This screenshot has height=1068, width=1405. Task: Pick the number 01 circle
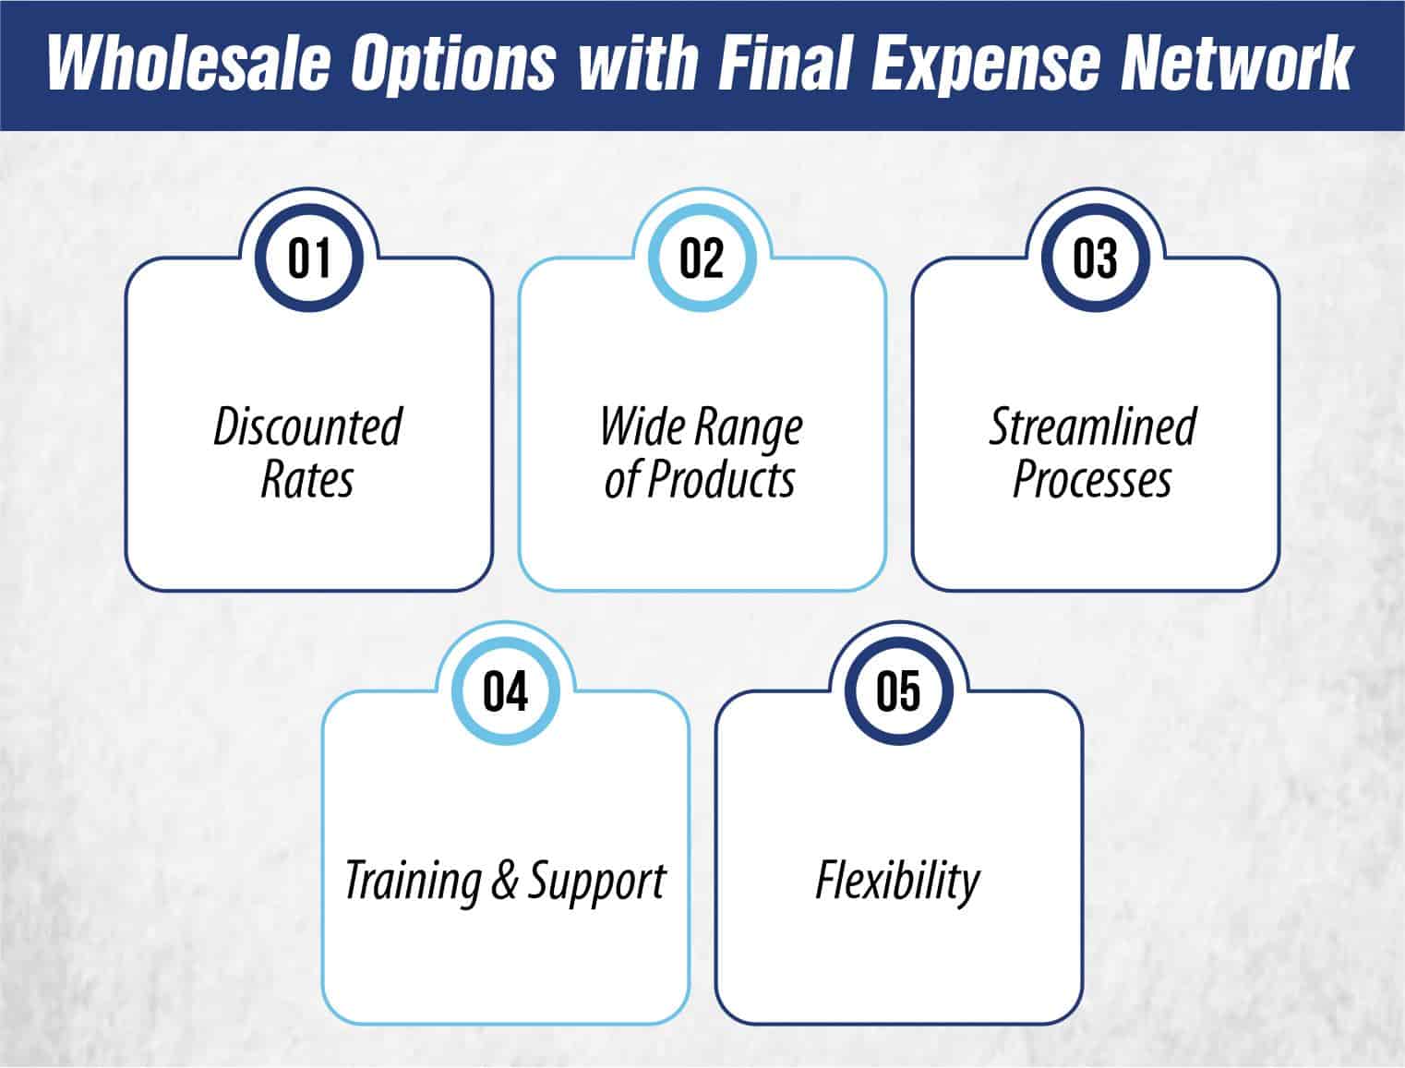point(309,258)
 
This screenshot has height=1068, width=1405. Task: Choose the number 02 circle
point(702,258)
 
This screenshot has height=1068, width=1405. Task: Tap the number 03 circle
point(1095,258)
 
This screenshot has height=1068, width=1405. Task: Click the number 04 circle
point(506,690)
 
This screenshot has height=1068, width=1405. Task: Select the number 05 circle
point(898,690)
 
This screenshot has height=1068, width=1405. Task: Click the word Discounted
point(308,426)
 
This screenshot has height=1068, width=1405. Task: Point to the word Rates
point(307,480)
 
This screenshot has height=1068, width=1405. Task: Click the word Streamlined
point(1094,426)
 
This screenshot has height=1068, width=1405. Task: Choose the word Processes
point(1093,480)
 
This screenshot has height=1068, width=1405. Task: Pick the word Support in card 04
point(596,882)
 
